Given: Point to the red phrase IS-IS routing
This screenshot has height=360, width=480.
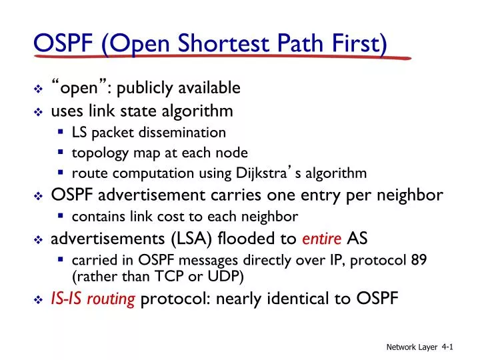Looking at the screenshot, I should coord(93,299).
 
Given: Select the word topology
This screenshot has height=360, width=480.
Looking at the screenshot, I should coord(97,153).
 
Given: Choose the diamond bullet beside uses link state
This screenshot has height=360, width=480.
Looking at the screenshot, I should coord(38,111).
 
